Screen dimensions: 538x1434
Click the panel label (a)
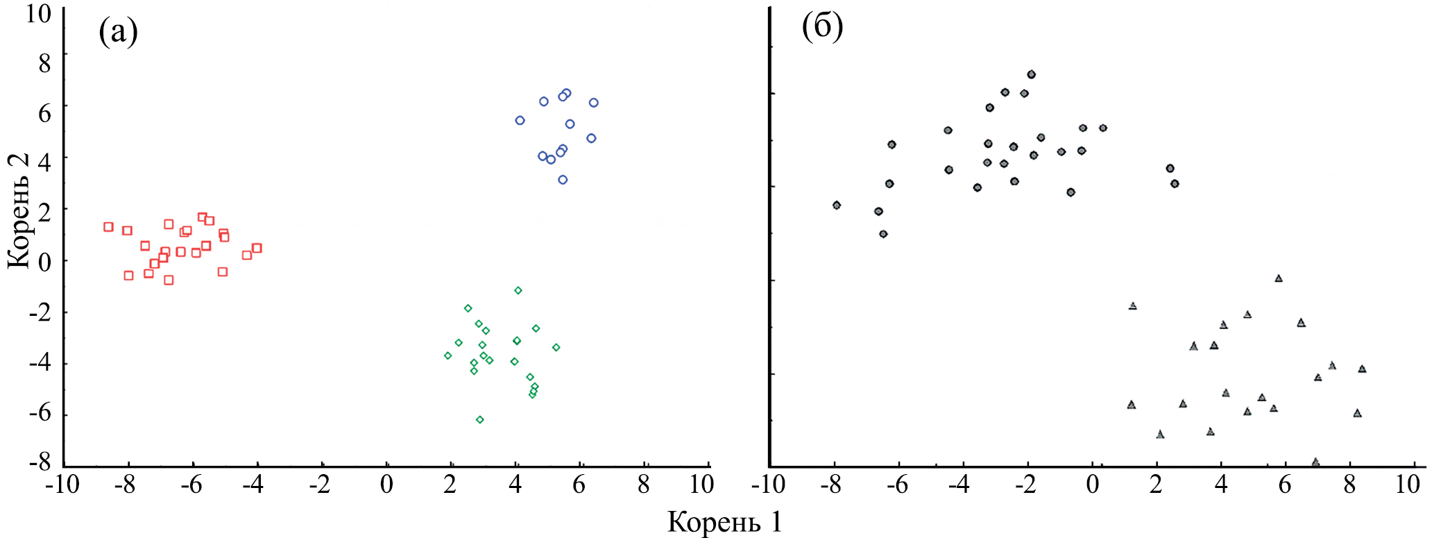[118, 31]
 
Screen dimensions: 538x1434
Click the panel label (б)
[822, 28]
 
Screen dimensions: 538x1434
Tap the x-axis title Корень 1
[724, 522]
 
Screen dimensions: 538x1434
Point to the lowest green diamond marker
[479, 419]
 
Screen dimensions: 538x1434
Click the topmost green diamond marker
[518, 290]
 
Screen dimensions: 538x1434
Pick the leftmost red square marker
[108, 227]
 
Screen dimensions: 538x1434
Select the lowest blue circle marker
[563, 180]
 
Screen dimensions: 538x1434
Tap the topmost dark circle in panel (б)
[1031, 74]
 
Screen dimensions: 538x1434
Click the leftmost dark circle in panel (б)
[837, 205]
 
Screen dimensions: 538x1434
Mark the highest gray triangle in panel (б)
[1279, 278]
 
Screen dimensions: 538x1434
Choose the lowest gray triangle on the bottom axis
[1315, 462]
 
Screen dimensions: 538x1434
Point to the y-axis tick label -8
[39, 462]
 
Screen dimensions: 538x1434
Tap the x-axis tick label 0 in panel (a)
[386, 485]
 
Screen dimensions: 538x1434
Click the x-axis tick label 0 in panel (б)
[1092, 485]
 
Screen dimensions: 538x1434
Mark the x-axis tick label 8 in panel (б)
[1349, 485]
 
